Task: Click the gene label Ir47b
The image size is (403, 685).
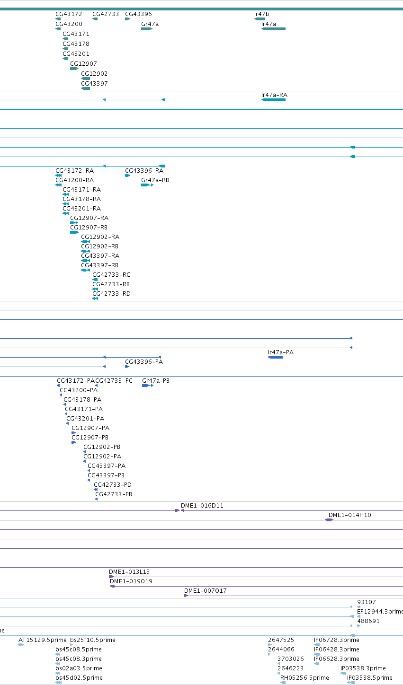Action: [261, 14]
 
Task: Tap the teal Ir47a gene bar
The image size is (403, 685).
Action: [273, 29]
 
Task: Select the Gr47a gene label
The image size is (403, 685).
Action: [150, 24]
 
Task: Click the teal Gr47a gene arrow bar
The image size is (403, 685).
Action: [147, 29]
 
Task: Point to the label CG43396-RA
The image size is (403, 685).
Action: [144, 171]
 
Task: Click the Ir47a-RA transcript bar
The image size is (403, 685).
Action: [273, 100]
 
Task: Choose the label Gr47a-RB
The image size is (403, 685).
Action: [155, 180]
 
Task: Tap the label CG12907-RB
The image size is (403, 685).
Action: [89, 227]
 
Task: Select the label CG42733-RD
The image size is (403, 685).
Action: [111, 294]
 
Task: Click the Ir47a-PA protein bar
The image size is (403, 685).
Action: [275, 357]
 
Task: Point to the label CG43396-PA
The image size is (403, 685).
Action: [144, 362]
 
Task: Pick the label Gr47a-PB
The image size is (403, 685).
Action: [156, 381]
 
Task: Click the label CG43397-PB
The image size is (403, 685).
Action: [106, 475]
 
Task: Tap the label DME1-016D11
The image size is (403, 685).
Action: [202, 506]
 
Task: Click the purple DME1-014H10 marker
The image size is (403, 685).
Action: [329, 520]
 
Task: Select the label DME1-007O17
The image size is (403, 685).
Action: [206, 590]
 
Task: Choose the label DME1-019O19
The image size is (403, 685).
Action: [131, 581]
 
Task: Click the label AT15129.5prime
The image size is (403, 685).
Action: [42, 640]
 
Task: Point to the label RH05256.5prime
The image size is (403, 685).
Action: [304, 677]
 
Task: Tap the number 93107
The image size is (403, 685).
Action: [366, 602]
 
